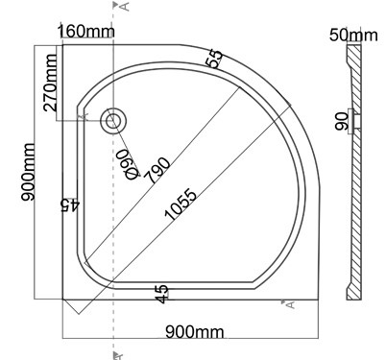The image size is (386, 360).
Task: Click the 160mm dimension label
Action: (x=85, y=32)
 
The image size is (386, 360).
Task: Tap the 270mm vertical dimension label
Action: (x=51, y=83)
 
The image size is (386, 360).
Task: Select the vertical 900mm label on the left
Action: (x=28, y=172)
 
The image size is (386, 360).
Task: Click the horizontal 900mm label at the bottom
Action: (x=195, y=332)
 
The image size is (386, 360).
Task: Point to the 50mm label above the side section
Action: (x=353, y=35)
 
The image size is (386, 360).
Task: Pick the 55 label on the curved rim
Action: (x=215, y=59)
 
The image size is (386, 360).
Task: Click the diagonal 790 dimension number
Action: (x=157, y=170)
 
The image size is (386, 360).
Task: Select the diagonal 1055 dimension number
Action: (x=180, y=205)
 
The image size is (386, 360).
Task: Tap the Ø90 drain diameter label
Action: (x=129, y=164)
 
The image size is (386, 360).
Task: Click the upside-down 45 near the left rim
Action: (x=70, y=205)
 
